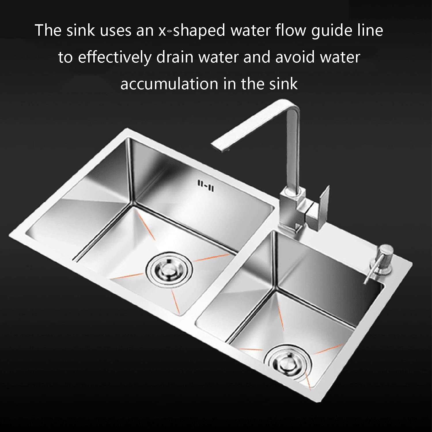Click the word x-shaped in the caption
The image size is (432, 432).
[x=192, y=31]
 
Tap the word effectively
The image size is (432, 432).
[x=114, y=57]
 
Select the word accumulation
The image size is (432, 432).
[x=169, y=84]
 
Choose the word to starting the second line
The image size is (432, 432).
[x=65, y=57]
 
